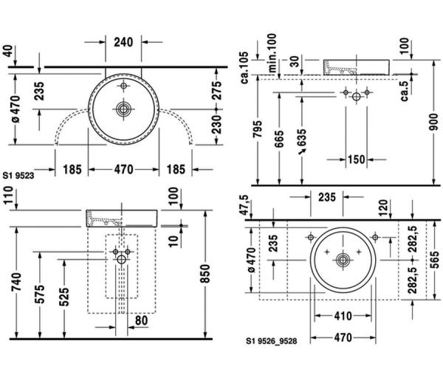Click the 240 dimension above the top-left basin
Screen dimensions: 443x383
pyautogui.click(x=123, y=42)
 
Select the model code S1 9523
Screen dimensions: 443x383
pyautogui.click(x=18, y=176)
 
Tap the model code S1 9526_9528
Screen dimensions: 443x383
pyautogui.click(x=272, y=341)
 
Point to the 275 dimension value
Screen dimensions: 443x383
pyautogui.click(x=216, y=90)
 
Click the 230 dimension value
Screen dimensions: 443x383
pyautogui.click(x=216, y=124)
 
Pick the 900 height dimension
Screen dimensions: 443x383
pyautogui.click(x=433, y=122)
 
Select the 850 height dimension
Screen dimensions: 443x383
pyautogui.click(x=205, y=273)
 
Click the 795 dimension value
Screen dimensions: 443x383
pyautogui.click(x=258, y=129)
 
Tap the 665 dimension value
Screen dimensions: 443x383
pyautogui.click(x=279, y=139)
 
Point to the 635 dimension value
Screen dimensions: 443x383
pyautogui.click(x=302, y=137)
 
